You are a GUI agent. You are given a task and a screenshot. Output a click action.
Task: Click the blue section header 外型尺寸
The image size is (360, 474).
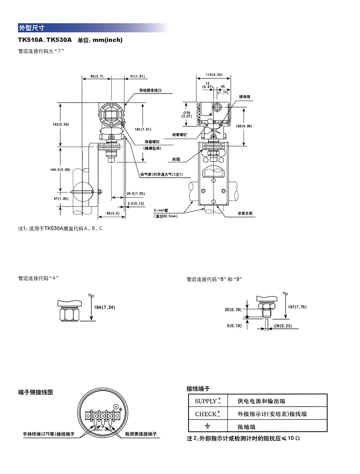(29, 27)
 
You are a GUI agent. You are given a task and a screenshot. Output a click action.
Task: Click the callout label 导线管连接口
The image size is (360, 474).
(149, 90)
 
